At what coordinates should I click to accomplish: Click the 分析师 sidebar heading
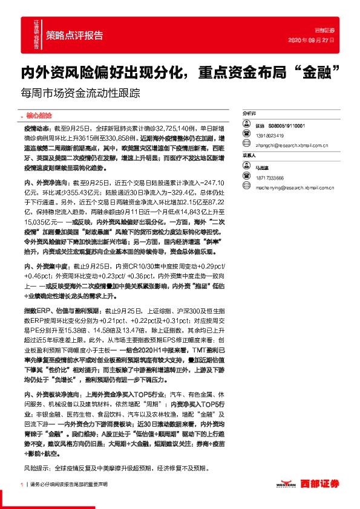click(x=249, y=113)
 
